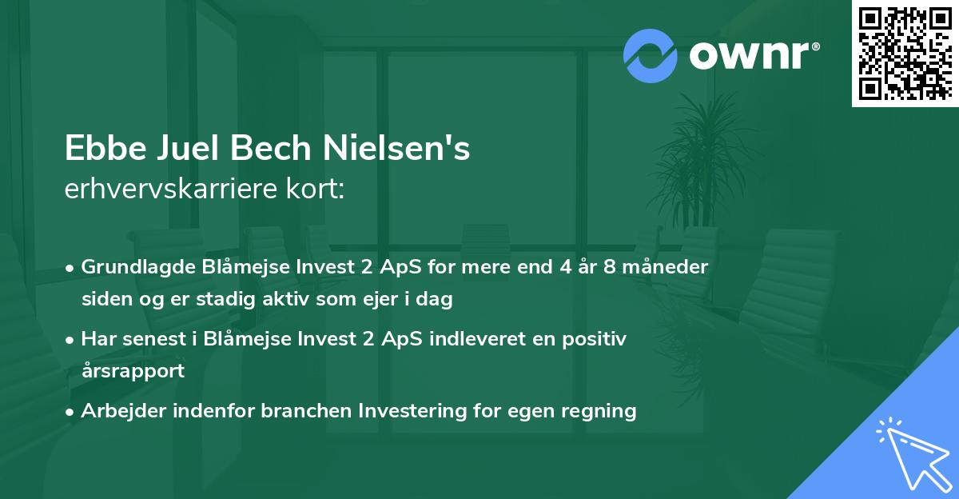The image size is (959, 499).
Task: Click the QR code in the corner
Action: tap(905, 54)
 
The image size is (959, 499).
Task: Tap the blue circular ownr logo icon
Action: tap(651, 55)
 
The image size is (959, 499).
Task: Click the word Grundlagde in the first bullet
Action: tap(130, 267)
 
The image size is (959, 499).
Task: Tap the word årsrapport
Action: tap(133, 371)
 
